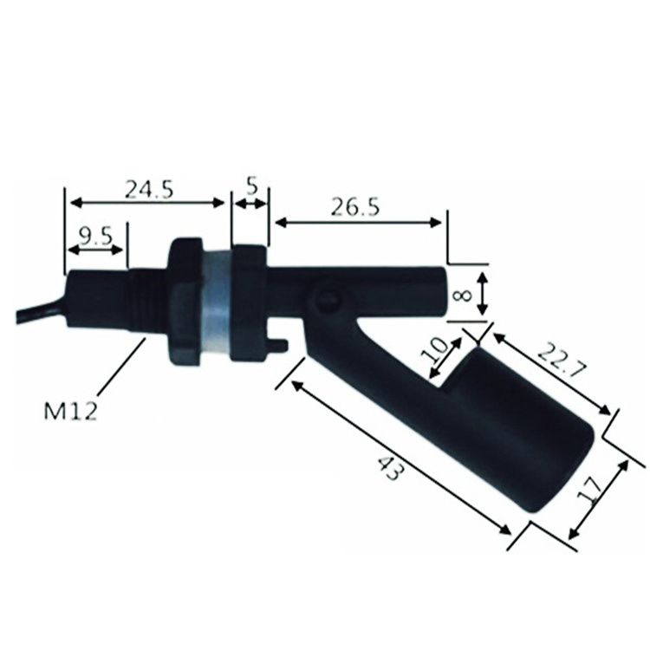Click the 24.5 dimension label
click(149, 190)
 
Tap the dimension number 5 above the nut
click(252, 187)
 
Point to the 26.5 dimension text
click(354, 207)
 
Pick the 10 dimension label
click(434, 351)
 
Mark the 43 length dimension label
click(390, 468)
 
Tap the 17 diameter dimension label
click(589, 491)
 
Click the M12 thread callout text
click(70, 411)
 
